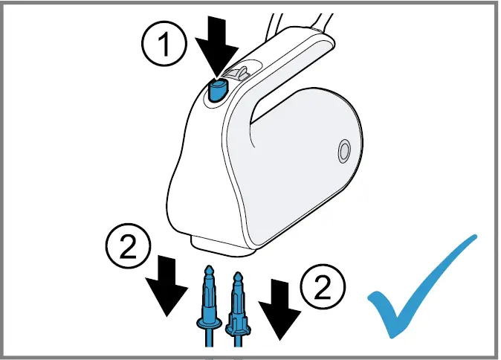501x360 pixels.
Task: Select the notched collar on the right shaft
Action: [x=238, y=324]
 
